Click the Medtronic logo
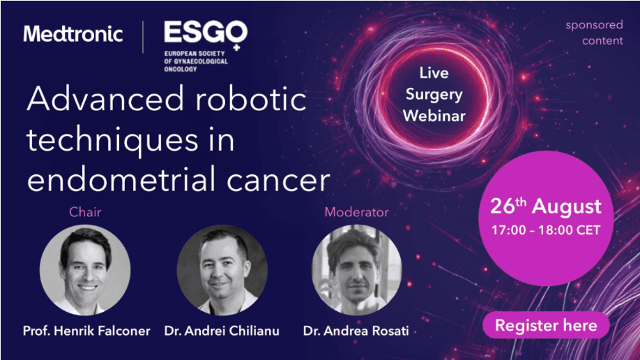pos(73,33)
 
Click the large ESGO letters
pos(206,32)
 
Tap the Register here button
pos(546,325)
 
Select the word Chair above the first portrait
pos(85,211)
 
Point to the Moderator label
pos(356,211)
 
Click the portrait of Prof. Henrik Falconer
pos(85,270)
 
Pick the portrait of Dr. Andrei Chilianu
pos(222,270)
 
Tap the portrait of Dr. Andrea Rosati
pos(356,270)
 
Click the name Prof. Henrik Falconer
pos(86,331)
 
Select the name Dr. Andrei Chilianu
pos(222,331)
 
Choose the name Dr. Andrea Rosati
pos(356,331)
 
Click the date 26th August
pos(546,206)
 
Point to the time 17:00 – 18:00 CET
pos(546,230)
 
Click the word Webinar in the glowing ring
pos(434,116)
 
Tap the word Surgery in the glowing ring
pos(434,94)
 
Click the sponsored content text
pos(594,33)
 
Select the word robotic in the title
pos(250,99)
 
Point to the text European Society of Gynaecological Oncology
pos(196,61)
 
